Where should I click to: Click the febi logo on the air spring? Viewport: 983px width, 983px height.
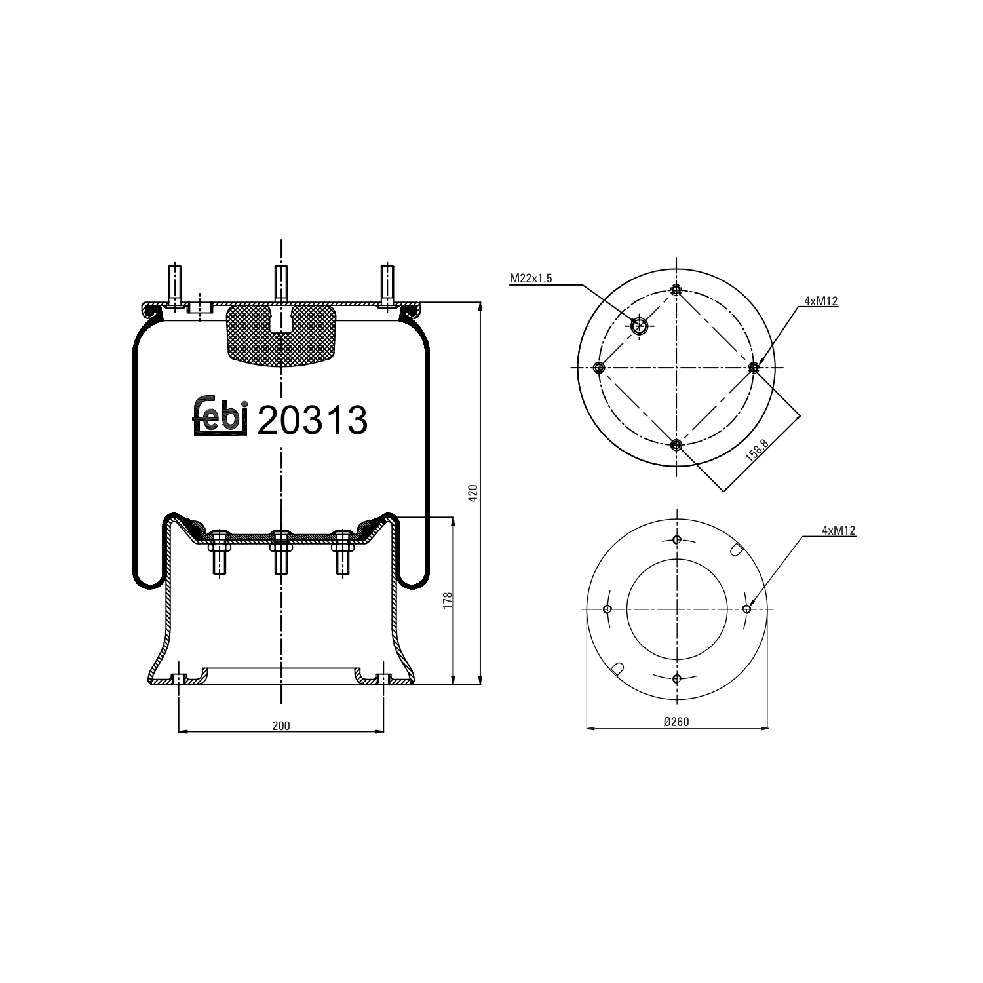pos(220,417)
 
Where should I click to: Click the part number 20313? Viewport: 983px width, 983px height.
pos(313,420)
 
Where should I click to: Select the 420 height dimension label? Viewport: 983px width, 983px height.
pos(473,493)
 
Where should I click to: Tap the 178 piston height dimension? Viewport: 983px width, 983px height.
pos(447,600)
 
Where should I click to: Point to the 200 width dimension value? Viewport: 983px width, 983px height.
pos(281,725)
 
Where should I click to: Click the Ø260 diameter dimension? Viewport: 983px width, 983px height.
pos(676,722)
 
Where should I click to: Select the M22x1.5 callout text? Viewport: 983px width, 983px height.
pos(531,279)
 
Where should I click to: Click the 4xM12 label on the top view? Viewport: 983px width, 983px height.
pos(821,301)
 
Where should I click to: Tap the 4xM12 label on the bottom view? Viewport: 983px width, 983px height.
pos(839,531)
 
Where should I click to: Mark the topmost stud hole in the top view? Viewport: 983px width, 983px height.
pos(676,290)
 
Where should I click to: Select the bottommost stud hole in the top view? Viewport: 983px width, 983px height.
pos(676,446)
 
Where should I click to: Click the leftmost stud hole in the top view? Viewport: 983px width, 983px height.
pos(598,367)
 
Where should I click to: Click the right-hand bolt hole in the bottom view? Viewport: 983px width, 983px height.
pos(746,609)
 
